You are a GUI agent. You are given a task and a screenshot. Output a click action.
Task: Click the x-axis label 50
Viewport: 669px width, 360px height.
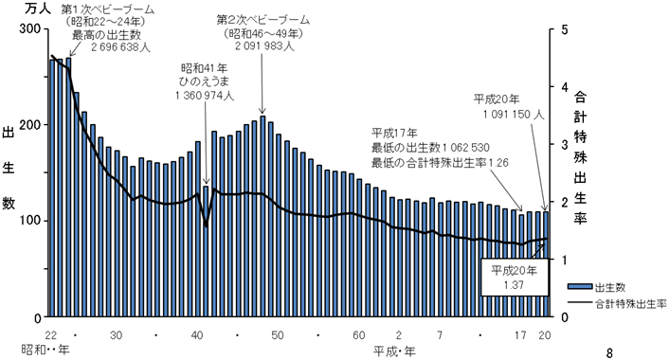click(278, 335)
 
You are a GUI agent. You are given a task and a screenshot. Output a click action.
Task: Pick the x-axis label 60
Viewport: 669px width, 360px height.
click(358, 335)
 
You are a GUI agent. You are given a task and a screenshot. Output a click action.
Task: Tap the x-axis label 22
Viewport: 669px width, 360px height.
click(51, 335)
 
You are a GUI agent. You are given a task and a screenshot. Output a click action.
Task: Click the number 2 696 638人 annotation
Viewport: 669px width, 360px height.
click(120, 47)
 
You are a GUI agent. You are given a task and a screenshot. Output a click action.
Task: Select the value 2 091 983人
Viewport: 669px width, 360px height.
click(264, 45)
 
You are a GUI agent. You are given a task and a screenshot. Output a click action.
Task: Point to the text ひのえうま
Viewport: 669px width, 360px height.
click(204, 81)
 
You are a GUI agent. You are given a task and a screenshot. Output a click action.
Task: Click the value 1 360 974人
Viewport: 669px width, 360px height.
click(204, 96)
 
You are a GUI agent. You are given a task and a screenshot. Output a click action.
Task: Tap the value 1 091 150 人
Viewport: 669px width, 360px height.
click(514, 115)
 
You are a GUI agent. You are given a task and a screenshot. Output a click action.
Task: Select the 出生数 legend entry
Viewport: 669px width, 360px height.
click(596, 287)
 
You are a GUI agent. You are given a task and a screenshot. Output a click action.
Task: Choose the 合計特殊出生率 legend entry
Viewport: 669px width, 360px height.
click(616, 304)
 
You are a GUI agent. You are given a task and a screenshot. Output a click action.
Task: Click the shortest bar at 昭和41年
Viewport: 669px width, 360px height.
click(206, 251)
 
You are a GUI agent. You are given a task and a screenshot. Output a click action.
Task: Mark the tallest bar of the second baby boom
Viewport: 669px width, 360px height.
click(262, 216)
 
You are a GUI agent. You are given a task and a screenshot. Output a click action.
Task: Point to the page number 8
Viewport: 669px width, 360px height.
click(609, 353)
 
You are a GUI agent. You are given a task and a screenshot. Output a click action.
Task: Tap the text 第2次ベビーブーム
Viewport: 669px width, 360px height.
click(263, 20)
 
